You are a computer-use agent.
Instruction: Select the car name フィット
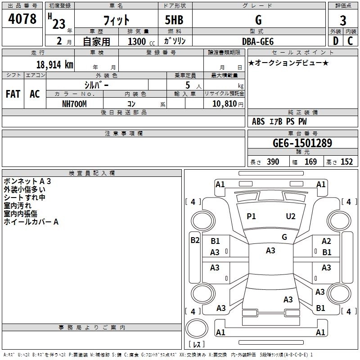[116, 20]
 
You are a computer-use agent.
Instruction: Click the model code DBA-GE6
[258, 41]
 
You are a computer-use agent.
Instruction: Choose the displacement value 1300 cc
[139, 41]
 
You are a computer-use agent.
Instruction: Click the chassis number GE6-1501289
[302, 144]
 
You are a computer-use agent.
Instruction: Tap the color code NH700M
[74, 104]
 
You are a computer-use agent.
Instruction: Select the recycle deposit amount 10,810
[224, 104]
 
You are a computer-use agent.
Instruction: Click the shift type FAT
[13, 94]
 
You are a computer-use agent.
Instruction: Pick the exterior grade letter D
[335, 41]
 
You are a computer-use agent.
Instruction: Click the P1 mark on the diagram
[251, 216]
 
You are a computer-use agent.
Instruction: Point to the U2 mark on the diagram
[291, 216]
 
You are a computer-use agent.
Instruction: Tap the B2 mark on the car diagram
[195, 240]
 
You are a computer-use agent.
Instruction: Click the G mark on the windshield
[284, 237]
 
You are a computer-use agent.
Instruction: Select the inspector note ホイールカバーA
[31, 222]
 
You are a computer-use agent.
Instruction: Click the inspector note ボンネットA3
[27, 181]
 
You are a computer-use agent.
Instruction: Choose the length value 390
[273, 162]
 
